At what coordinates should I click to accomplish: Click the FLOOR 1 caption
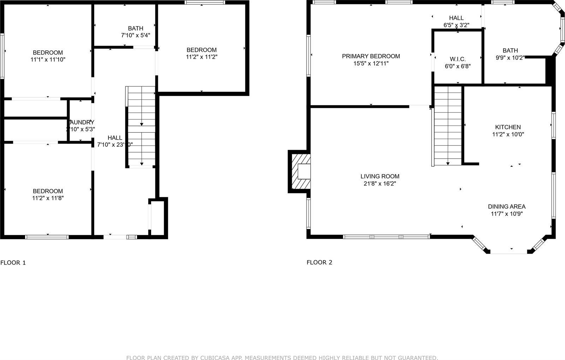click(13, 262)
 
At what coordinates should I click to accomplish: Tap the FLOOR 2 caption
click(319, 262)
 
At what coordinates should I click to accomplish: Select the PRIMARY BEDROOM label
click(371, 56)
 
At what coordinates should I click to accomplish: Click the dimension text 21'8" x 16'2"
click(380, 183)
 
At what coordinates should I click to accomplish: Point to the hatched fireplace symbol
click(299, 172)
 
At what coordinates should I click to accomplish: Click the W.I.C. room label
click(458, 59)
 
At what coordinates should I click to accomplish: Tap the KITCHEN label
click(508, 127)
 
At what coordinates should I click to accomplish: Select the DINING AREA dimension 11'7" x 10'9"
click(507, 214)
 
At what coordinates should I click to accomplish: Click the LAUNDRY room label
click(81, 122)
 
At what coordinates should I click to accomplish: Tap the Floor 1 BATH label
click(136, 28)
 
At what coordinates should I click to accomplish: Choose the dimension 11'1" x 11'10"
click(48, 60)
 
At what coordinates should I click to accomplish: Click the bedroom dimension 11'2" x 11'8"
click(48, 198)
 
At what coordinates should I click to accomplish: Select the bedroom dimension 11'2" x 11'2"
click(202, 57)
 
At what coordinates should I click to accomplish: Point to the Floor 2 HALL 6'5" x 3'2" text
click(456, 25)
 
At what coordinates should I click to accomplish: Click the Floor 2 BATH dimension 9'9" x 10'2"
click(510, 57)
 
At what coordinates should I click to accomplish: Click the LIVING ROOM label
click(380, 176)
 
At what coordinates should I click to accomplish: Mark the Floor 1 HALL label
click(115, 138)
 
